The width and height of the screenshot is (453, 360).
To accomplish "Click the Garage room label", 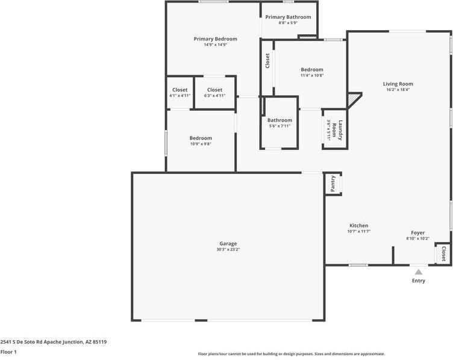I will pos(228,243).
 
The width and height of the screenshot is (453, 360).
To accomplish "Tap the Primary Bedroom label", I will pos(215,39).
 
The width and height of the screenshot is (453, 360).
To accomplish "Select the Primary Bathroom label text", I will pos(288,17).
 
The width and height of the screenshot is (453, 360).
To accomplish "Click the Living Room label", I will pos(398,84).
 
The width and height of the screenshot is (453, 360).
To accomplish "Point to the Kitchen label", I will pos(358,226).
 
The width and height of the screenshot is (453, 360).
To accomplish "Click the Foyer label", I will pos(417,232).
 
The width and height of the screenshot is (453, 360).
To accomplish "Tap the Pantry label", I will pos(333,184).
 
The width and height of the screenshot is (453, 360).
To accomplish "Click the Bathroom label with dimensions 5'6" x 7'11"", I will pos(280,120).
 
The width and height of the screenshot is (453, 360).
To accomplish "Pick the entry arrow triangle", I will pos(418,272).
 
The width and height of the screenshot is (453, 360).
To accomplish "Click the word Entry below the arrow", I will pos(418,281).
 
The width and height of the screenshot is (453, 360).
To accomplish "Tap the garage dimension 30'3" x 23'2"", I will pos(228,249).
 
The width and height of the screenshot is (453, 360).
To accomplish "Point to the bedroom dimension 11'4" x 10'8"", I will pos(312,76).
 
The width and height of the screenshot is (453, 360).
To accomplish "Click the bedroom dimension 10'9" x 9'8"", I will pos(201,144).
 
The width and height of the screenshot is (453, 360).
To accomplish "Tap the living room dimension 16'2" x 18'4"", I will pos(398,90).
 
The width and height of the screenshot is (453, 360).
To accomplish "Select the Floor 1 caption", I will pos(8,352).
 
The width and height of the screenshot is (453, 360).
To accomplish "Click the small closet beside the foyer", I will pos(443,253).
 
